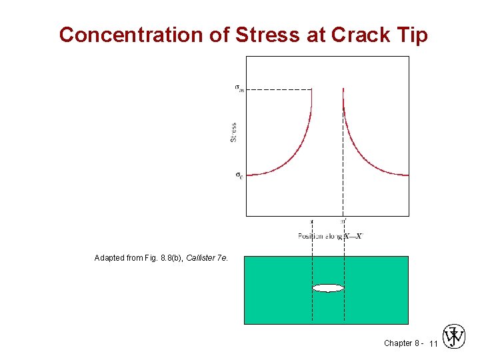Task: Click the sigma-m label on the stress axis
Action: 239,89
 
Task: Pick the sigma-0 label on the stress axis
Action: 239,175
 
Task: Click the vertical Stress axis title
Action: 233,131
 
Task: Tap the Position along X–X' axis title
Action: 330,236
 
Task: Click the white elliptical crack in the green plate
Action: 328,288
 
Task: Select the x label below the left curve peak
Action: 312,221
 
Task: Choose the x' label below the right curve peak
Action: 343,221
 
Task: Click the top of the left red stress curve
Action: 311,90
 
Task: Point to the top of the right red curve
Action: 343,90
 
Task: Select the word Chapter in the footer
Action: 398,343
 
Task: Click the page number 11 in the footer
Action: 433,344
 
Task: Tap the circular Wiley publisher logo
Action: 454,337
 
